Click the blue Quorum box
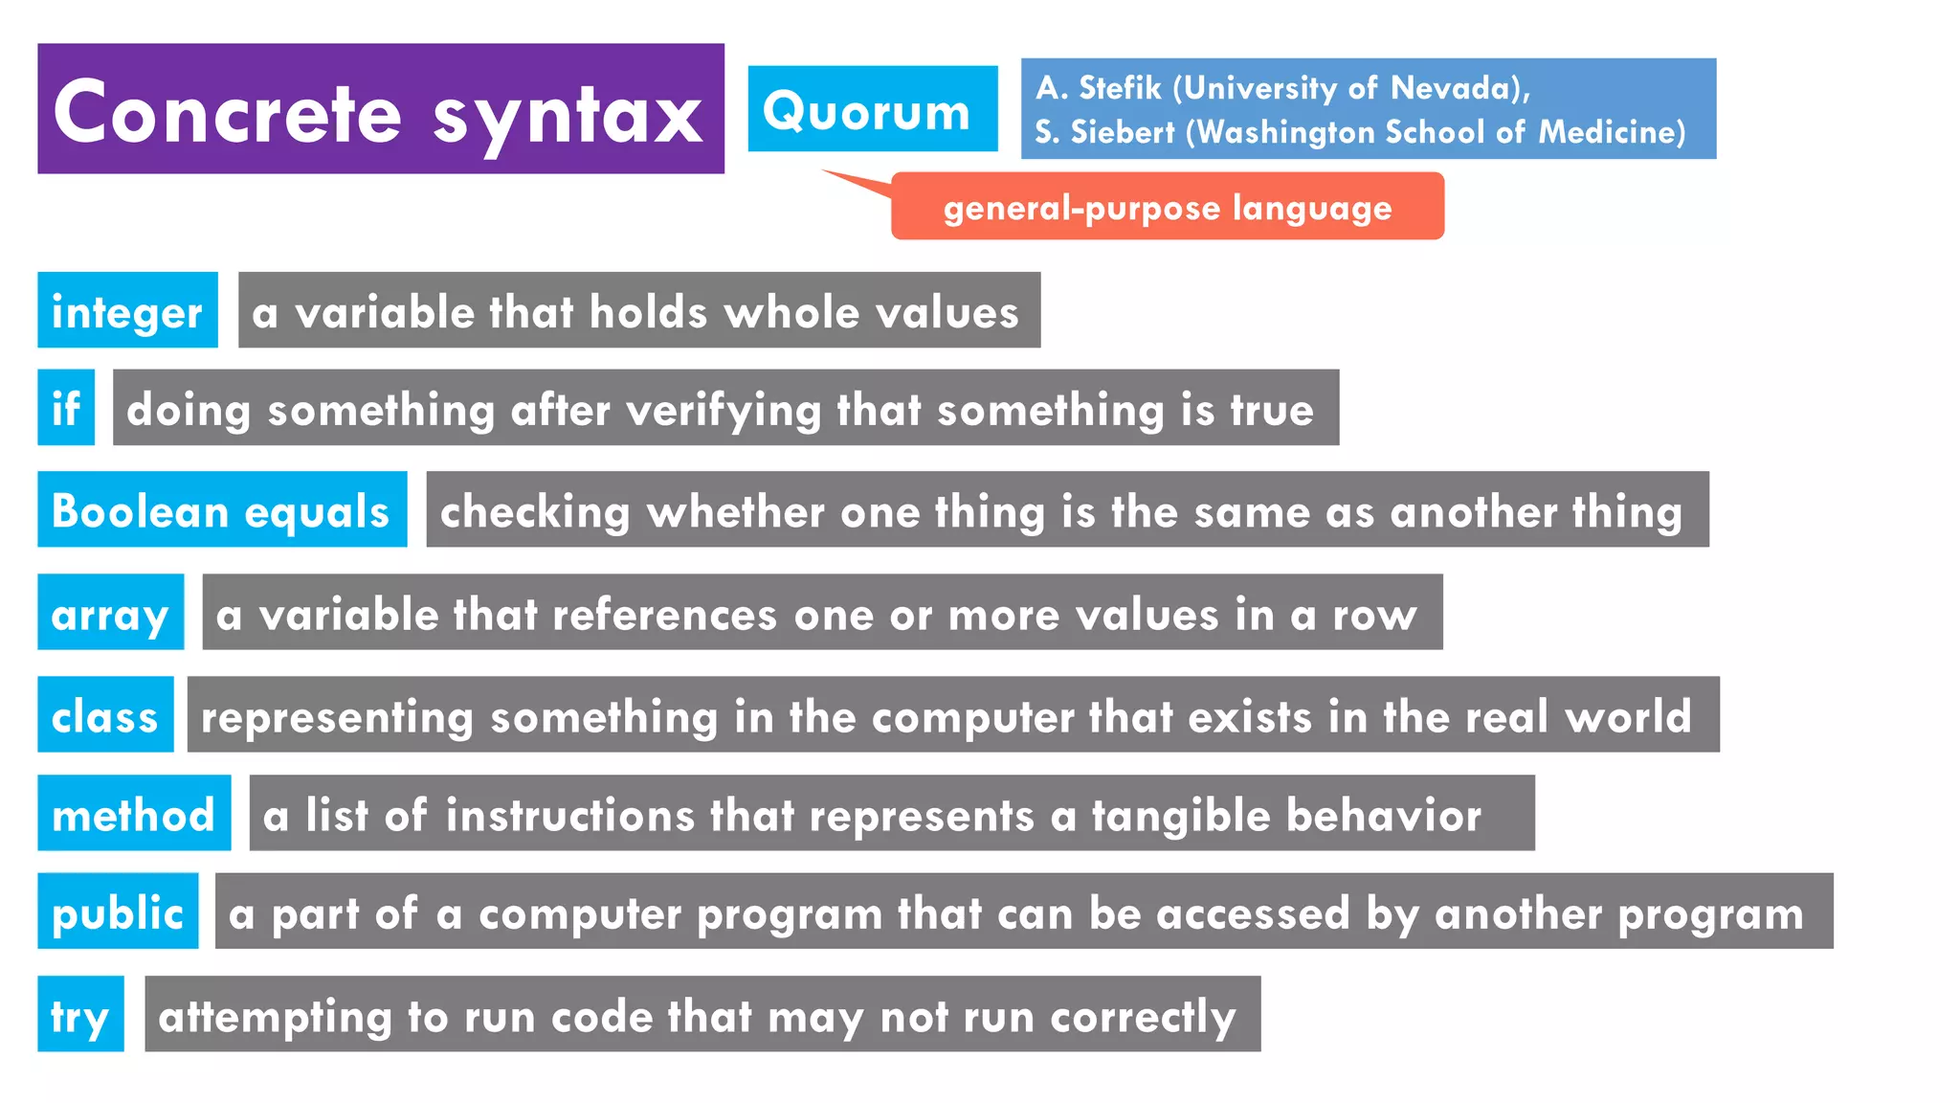[872, 109]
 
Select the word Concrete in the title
[228, 113]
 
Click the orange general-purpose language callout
[1167, 207]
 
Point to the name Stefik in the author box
[1120, 88]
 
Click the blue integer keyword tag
[127, 311]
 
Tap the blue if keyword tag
[66, 408]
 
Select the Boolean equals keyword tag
[222, 510]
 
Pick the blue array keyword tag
[110, 613]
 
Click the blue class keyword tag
[105, 715]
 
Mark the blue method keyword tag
[134, 814]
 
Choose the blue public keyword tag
[118, 912]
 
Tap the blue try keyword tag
[80, 1015]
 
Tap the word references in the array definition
[664, 614]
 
